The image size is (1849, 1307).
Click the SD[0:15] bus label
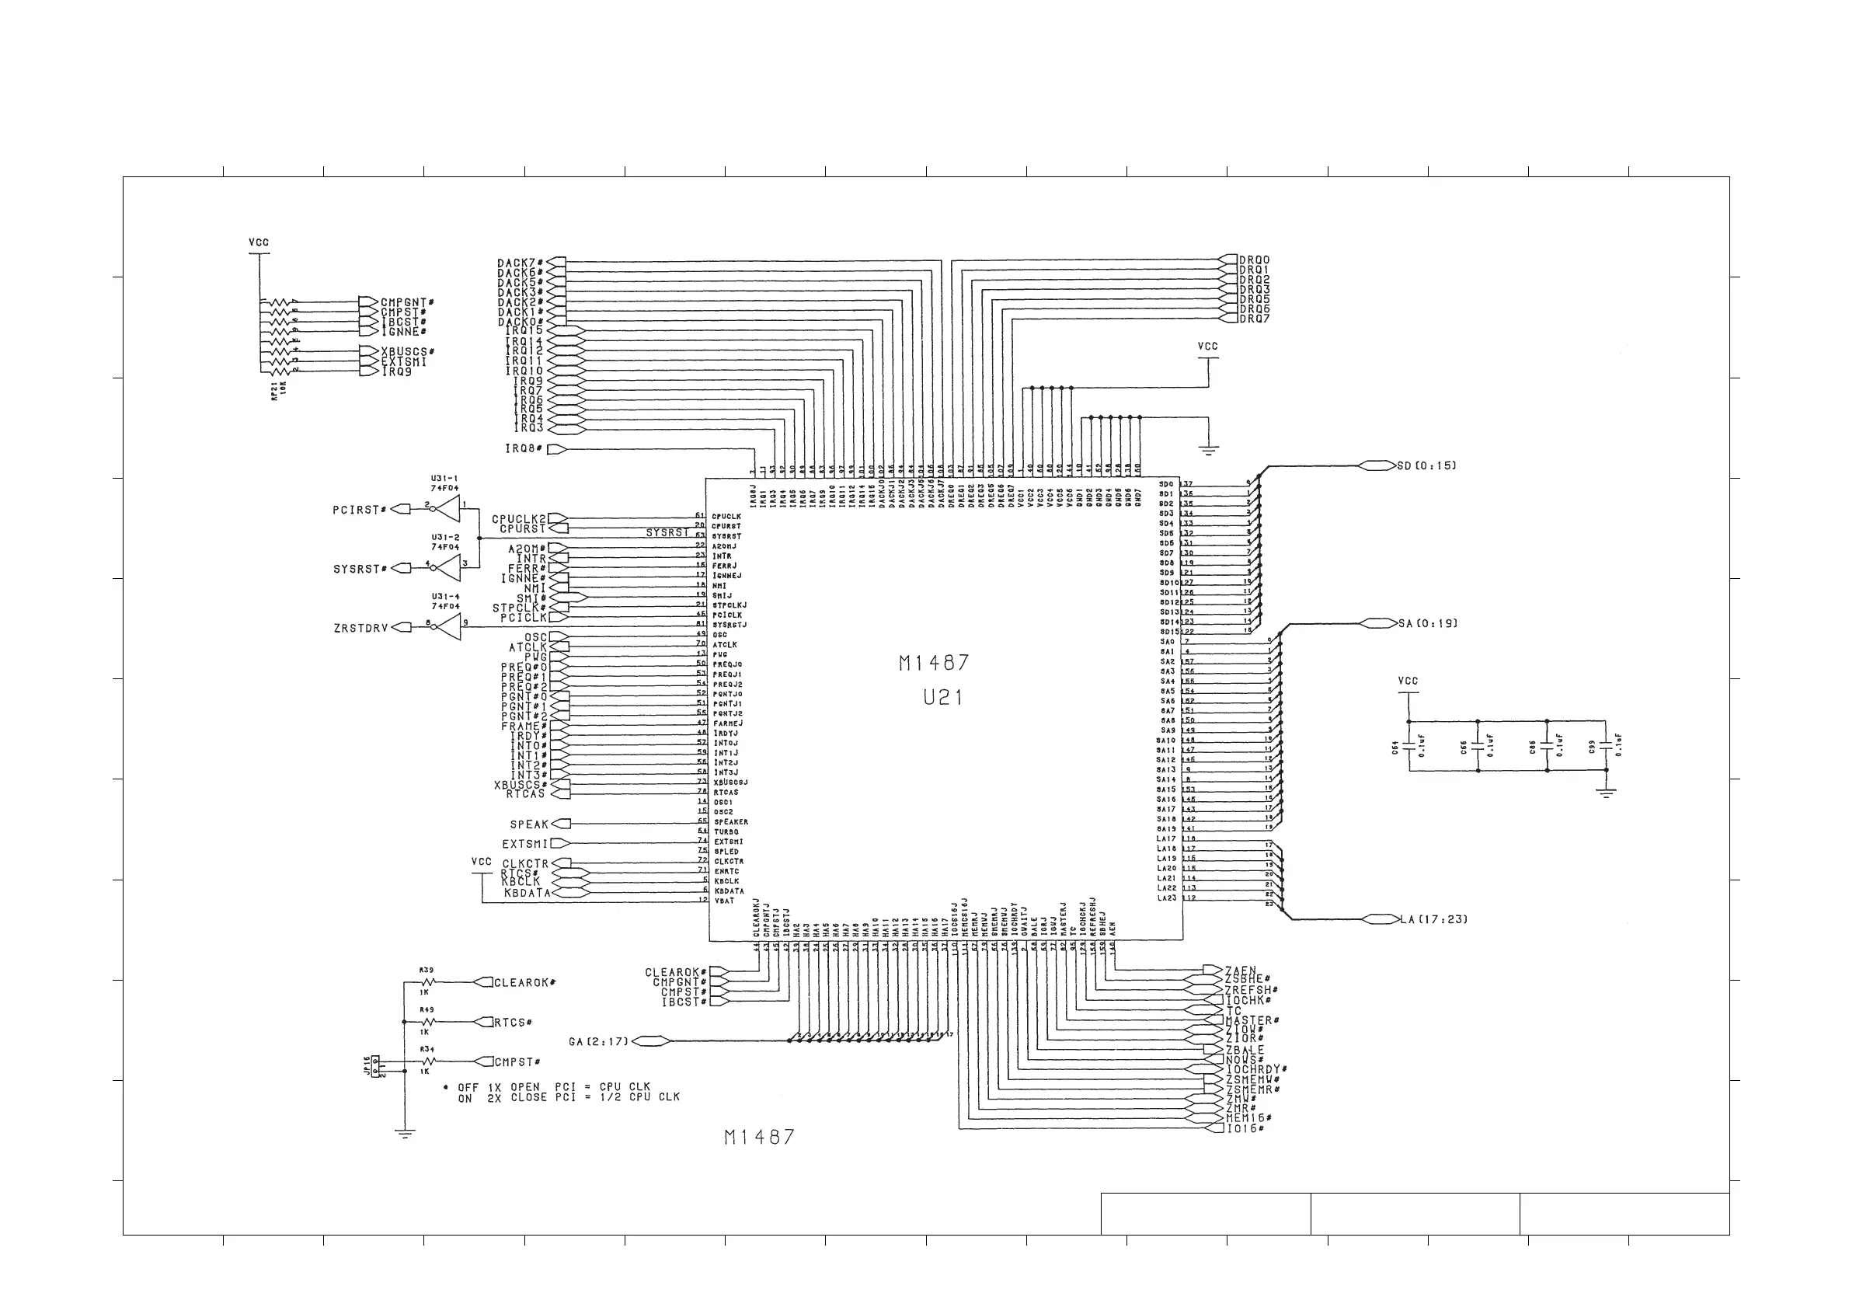click(x=1426, y=465)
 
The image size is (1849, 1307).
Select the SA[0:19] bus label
click(x=1427, y=623)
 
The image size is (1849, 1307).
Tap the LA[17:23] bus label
click(x=1433, y=918)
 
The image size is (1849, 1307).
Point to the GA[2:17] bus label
click(x=597, y=1041)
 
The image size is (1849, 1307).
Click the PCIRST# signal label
click(x=359, y=510)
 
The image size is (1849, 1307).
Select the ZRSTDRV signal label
click(x=360, y=627)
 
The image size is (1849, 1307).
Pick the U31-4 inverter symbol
click(x=447, y=627)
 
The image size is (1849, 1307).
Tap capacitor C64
click(x=1409, y=747)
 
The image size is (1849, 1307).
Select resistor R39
click(x=427, y=982)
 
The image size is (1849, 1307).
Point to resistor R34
click(x=427, y=1061)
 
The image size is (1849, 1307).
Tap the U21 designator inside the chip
click(x=942, y=697)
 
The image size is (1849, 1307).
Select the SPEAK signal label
click(x=528, y=824)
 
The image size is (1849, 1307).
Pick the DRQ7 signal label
click(x=1254, y=319)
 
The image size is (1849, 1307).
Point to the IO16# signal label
click(x=1245, y=1128)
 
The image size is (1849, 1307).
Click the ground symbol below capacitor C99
click(x=1606, y=793)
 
